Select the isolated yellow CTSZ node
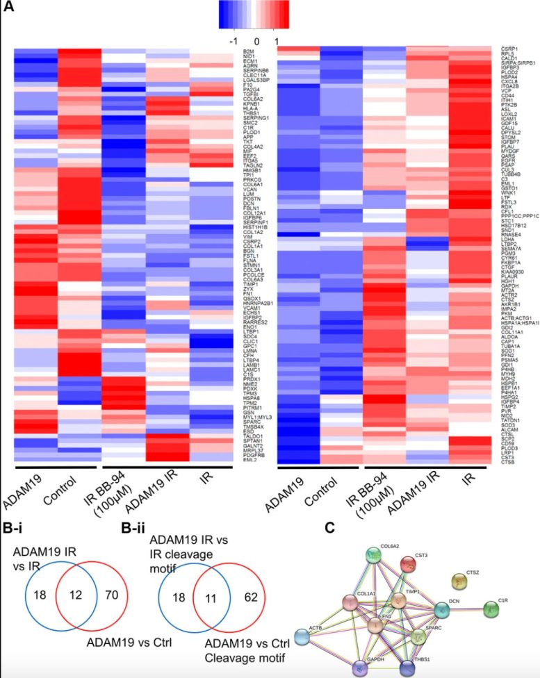point(459,581)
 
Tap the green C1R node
point(491,609)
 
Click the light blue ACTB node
point(303,636)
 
